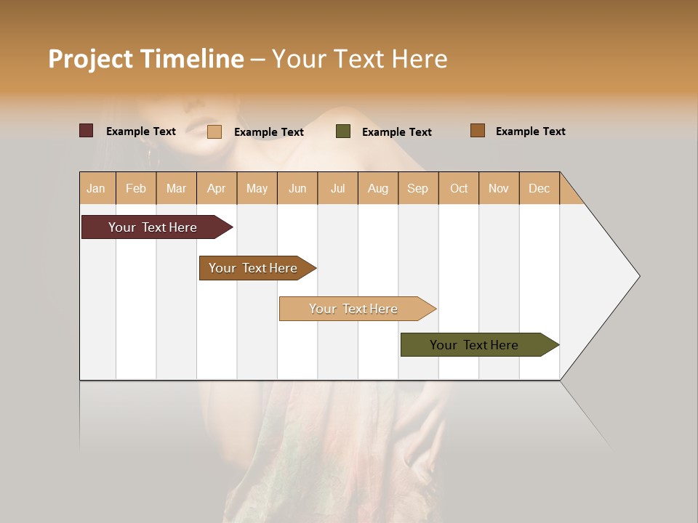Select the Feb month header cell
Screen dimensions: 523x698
pos(136,188)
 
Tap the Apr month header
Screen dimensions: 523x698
pos(217,188)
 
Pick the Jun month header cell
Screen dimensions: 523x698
pos(297,188)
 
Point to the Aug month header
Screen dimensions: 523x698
pos(378,188)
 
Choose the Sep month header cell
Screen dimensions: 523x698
pos(418,188)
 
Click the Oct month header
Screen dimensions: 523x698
pos(459,188)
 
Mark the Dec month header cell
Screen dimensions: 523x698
pos(539,188)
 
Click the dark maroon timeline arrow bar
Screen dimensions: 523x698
pos(153,227)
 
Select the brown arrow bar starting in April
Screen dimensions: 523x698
pos(253,268)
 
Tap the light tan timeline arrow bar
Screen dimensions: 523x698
pos(353,309)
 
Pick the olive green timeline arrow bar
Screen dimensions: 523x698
pos(474,345)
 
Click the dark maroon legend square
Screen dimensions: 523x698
pos(87,131)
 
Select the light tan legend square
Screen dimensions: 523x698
pos(214,131)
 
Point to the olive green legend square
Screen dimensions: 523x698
pos(343,131)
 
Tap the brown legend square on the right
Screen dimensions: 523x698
pos(478,131)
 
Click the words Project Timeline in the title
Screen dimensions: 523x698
pos(145,59)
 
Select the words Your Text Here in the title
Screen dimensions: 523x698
pos(360,59)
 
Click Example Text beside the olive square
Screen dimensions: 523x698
pos(397,132)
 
